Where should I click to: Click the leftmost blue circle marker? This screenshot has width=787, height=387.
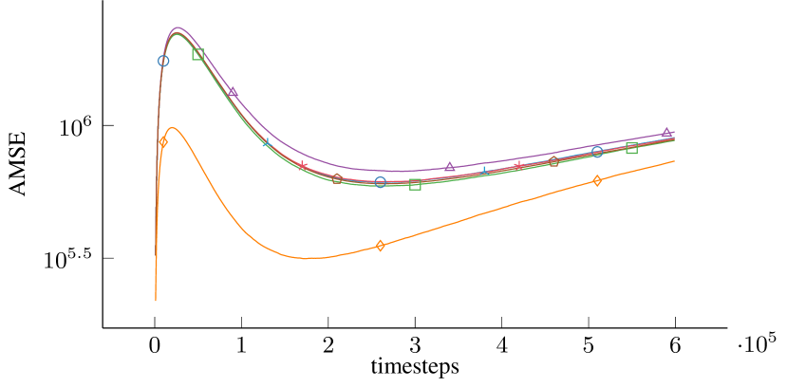pos(163,61)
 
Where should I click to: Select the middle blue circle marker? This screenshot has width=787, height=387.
pos(380,182)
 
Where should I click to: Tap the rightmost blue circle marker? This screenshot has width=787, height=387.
pos(597,152)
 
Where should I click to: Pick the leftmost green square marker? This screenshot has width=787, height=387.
pos(197,54)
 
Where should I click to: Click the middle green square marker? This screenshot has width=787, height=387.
pos(415,184)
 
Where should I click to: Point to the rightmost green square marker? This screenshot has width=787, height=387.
pos(632,148)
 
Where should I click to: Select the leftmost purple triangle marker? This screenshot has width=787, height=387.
pos(233,92)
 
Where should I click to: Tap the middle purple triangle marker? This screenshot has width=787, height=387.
pos(450,167)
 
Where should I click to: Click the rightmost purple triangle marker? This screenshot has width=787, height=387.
pos(666,133)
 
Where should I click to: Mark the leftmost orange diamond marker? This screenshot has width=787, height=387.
pos(163,142)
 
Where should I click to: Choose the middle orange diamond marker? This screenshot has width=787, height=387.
pos(380,246)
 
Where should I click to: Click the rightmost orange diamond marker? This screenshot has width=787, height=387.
pos(597,180)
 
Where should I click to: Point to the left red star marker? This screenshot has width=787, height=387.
pos(302,166)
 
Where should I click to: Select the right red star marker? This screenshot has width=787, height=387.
pos(518,167)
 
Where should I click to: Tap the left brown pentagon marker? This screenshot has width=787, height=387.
pos(337,178)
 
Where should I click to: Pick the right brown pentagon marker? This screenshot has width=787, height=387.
pos(553,161)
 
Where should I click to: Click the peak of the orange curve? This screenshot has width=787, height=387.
pos(173,128)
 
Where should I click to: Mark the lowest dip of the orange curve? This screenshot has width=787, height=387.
pos(306,258)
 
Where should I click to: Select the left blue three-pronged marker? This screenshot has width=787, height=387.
pos(267,142)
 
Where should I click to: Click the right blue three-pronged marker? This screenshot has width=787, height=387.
pos(484,172)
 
